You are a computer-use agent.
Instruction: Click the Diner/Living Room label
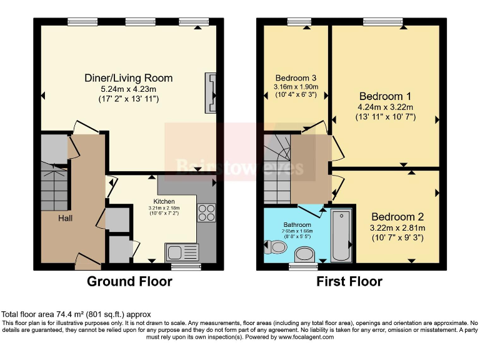point(129,78)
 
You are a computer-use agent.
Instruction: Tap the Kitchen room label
point(164,201)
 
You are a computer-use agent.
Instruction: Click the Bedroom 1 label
point(385,96)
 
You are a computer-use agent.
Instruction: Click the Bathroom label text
point(297,224)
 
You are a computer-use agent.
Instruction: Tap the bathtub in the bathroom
point(341,236)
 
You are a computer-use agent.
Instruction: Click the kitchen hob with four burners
point(206,214)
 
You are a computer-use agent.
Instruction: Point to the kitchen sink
point(182,252)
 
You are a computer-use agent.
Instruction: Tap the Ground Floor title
point(129,282)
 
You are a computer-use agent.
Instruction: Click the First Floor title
point(349,282)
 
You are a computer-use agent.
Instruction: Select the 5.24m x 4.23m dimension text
point(129,89)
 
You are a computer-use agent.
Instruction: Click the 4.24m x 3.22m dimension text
point(386,107)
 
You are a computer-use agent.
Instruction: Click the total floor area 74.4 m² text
point(76,314)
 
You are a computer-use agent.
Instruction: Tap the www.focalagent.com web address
point(302,337)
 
